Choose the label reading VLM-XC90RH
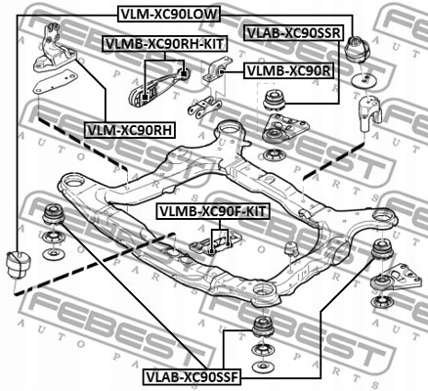click(128, 128)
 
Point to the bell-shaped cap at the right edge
click(368, 111)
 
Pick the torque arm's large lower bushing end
click(144, 96)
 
